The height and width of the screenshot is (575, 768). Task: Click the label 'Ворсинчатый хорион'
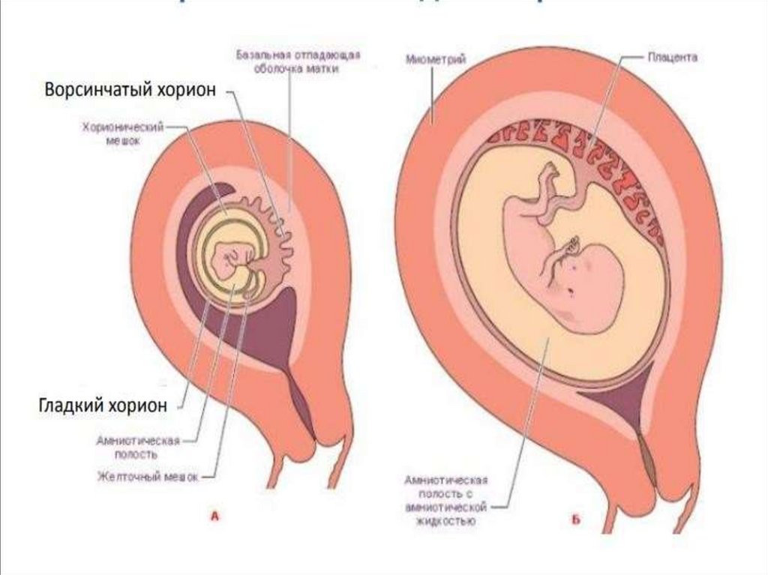pyautogui.click(x=130, y=89)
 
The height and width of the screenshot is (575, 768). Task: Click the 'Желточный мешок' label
pyautogui.click(x=148, y=475)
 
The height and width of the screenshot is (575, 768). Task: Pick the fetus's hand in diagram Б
pyautogui.click(x=574, y=243)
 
